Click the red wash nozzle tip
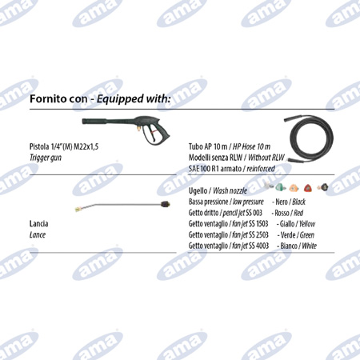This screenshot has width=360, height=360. click(307, 188)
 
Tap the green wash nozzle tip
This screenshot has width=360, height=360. click(281, 187)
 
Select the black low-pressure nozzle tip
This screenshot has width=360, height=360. click(323, 187)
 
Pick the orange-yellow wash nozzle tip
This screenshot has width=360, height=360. click(294, 188)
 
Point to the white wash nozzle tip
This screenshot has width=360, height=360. click(269, 185)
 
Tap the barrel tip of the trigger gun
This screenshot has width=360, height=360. click(83, 122)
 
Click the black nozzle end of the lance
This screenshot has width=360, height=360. click(165, 205)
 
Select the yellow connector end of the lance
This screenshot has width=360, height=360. click(79, 209)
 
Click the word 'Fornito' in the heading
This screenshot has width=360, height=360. click(46, 99)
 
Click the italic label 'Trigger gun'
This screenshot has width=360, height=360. click(46, 158)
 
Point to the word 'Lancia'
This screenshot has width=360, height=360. click(38, 224)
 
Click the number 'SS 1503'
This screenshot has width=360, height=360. click(258, 224)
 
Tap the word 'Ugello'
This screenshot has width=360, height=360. click(198, 191)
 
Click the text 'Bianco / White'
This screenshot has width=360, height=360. click(298, 246)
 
